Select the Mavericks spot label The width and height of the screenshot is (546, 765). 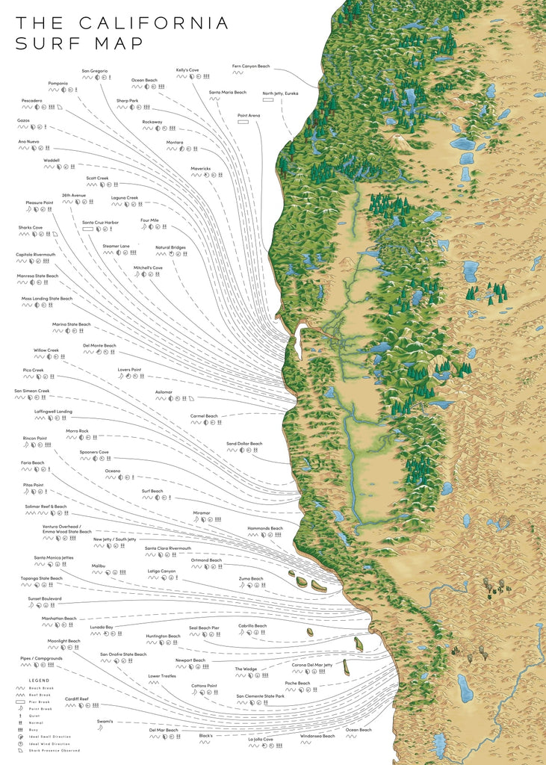pyautogui.click(x=200, y=168)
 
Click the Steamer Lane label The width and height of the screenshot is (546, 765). pyautogui.click(x=116, y=246)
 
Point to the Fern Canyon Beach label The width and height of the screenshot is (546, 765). pyautogui.click(x=251, y=66)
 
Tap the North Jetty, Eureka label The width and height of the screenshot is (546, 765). pyautogui.click(x=280, y=93)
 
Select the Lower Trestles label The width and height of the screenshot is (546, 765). pyautogui.click(x=162, y=675)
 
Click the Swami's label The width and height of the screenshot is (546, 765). pyautogui.click(x=105, y=721)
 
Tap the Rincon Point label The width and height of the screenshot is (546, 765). pyautogui.click(x=34, y=438)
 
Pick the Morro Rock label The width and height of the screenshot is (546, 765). pyautogui.click(x=77, y=430)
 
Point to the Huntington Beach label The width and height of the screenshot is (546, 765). pyautogui.click(x=163, y=636)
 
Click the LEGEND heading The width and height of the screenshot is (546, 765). pyautogui.click(x=39, y=681)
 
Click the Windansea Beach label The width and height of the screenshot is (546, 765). pyautogui.click(x=317, y=736)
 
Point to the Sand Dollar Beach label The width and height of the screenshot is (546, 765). pyautogui.click(x=244, y=444)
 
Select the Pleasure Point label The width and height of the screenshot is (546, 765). pyautogui.click(x=40, y=202)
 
